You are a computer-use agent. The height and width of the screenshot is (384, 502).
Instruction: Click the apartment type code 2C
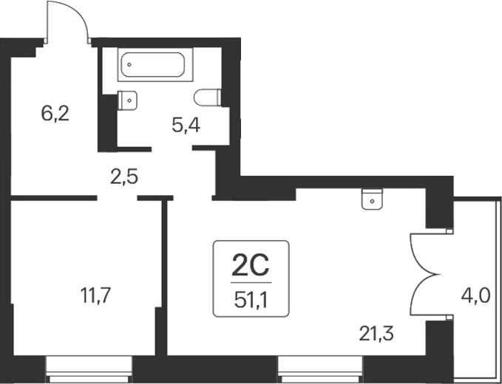coord(251,263)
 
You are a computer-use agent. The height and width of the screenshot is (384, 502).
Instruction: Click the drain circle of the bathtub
coord(129,64)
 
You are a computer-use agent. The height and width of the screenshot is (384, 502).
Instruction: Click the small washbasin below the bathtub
coord(128,97)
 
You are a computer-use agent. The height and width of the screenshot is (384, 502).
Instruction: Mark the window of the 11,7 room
coord(89,363)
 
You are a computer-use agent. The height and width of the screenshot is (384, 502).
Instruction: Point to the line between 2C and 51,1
coord(251,281)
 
